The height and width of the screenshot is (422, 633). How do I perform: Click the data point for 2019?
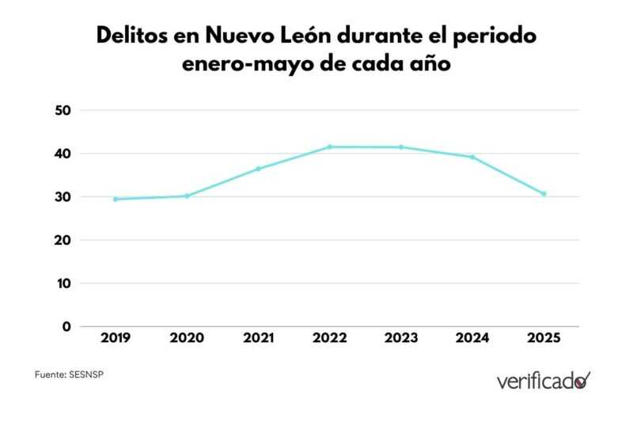[x=116, y=199]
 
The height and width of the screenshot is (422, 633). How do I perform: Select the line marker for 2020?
[x=187, y=196]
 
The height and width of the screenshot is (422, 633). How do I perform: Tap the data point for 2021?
[x=258, y=169]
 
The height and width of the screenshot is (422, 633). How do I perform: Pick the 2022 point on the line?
[x=329, y=146]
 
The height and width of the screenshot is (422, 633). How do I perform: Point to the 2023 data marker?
[x=400, y=146]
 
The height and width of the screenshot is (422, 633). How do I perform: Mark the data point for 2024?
[x=472, y=157]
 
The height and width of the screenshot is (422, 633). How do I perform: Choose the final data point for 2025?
[x=544, y=194]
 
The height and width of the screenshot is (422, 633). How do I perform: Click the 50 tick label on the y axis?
[x=64, y=110]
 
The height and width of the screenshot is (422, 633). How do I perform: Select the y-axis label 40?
[x=64, y=154]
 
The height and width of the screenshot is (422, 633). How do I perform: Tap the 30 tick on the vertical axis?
[x=64, y=197]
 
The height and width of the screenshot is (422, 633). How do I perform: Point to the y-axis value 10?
[x=65, y=283]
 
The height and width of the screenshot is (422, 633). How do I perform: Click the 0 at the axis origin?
[x=66, y=326]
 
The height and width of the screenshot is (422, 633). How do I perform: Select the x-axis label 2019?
[x=116, y=338]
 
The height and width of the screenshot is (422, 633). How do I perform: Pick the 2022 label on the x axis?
[x=329, y=338]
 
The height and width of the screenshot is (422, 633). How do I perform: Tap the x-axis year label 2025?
[x=544, y=338]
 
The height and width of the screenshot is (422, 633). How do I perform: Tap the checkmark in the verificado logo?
[x=584, y=380]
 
